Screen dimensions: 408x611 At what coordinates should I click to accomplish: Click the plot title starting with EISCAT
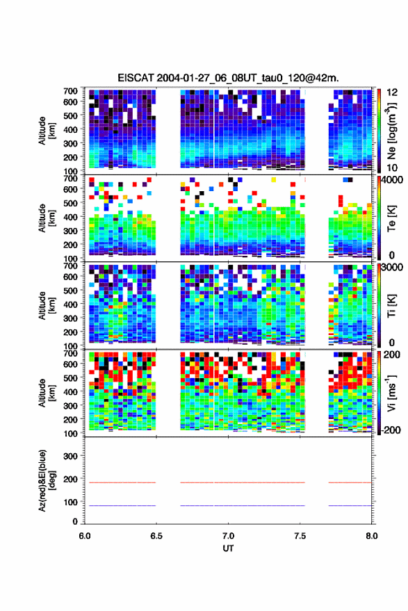[229, 78]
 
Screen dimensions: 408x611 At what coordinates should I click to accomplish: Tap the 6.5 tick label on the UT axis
[156, 536]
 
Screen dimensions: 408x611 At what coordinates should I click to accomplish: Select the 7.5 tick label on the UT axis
[300, 536]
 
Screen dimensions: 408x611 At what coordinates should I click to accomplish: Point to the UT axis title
[228, 548]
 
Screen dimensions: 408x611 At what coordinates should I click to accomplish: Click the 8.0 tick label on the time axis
[371, 536]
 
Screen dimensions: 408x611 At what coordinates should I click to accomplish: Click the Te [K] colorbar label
[391, 218]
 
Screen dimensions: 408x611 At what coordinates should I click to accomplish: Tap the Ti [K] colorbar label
[391, 306]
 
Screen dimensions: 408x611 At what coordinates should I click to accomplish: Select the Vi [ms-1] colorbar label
[391, 393]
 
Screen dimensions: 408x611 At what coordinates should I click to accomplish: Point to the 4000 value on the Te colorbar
[392, 181]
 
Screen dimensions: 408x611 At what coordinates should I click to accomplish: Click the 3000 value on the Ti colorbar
[392, 268]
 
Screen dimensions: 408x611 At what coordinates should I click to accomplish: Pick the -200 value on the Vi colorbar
[390, 430]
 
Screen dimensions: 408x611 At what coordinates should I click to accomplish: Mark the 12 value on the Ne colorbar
[392, 92]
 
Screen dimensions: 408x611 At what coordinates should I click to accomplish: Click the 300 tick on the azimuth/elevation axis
[70, 456]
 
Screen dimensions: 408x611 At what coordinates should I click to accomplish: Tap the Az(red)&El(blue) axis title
[47, 480]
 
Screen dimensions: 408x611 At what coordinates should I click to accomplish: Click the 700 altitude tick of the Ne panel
[70, 91]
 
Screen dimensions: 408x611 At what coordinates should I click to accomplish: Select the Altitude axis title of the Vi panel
[47, 393]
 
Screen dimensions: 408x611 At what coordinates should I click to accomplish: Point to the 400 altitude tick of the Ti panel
[70, 304]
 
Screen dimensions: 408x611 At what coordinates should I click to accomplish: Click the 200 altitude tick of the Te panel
[70, 245]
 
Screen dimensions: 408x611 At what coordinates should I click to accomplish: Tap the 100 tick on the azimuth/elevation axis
[70, 503]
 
